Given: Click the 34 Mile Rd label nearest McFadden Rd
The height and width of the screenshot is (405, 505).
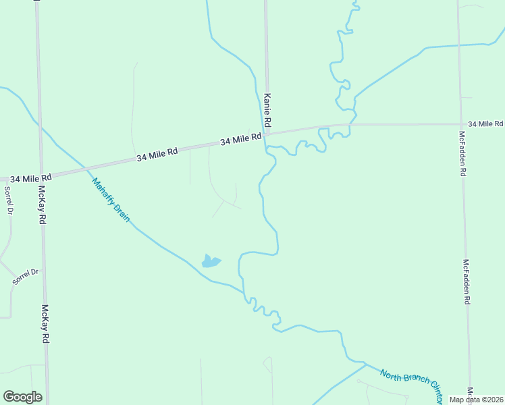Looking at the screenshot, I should pos(485,124).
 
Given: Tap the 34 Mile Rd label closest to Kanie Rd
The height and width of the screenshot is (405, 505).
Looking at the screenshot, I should pos(241,140).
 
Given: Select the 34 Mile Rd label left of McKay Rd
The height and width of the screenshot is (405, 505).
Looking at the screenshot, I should pos(31,178).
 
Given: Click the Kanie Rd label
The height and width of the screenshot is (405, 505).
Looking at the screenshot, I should pos(267,110).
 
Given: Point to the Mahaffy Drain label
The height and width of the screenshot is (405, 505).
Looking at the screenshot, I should pos(111,200).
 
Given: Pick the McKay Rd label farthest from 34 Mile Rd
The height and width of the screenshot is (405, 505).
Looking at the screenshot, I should pos(45,324).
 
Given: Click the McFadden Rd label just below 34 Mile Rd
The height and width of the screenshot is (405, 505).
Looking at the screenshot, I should pos(462,153).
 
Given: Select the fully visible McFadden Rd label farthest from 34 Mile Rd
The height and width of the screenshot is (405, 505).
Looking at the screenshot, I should pos(466,281).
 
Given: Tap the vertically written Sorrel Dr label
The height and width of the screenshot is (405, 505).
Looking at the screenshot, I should pos(9,201).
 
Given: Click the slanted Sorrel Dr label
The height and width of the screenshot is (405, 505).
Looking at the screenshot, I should pos(26,275).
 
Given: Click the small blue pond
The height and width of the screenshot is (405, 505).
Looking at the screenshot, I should pos(211,261).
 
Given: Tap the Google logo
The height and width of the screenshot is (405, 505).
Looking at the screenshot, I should pos(22,397).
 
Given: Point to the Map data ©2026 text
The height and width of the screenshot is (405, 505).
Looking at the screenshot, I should pos(477,400).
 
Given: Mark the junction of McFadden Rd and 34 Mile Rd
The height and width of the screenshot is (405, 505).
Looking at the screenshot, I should pos(460,124).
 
